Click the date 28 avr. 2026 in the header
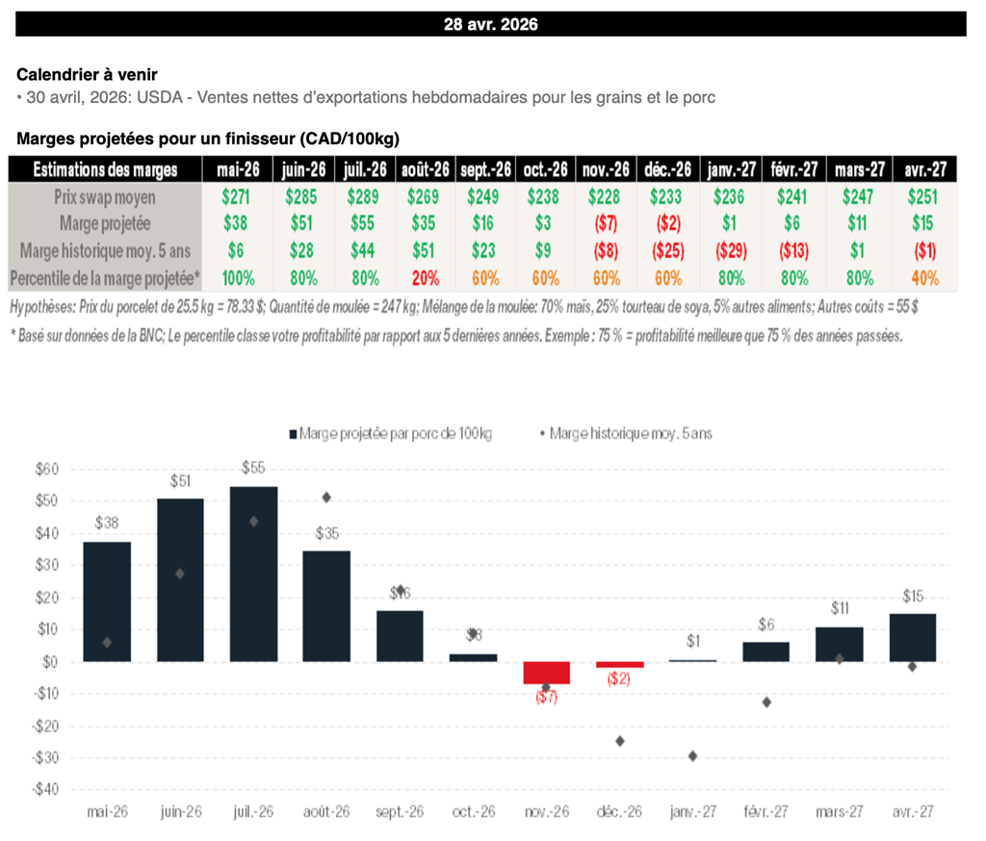pyautogui.click(x=491, y=25)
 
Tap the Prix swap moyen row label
pyautogui.click(x=105, y=197)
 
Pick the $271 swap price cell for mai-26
pyautogui.click(x=234, y=197)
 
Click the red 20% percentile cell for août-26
pyautogui.click(x=426, y=278)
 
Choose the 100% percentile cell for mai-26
pyautogui.click(x=234, y=278)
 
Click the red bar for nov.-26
pyautogui.click(x=546, y=673)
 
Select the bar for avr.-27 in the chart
pyautogui.click(x=912, y=637)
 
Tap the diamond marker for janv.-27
pyautogui.click(x=692, y=755)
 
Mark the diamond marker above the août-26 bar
pyautogui.click(x=326, y=497)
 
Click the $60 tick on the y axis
pyautogui.click(x=47, y=469)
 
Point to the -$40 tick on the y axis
pyautogui.click(x=45, y=789)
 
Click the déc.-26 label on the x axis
pyautogui.click(x=619, y=812)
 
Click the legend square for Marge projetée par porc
pyautogui.click(x=294, y=434)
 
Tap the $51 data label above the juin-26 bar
pyautogui.click(x=180, y=480)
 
